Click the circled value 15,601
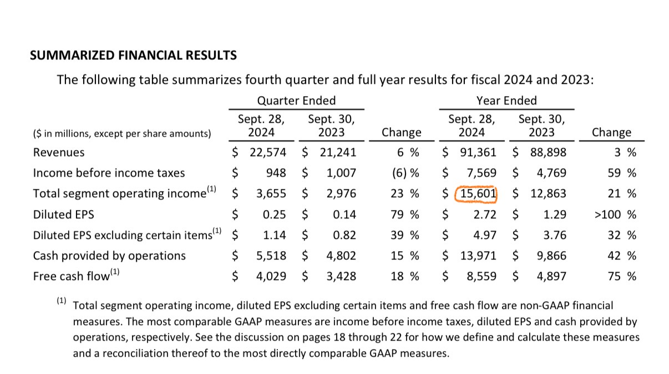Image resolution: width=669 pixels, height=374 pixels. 478,194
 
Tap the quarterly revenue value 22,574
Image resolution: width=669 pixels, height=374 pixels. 268,152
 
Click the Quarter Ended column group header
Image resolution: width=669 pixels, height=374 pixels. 296,101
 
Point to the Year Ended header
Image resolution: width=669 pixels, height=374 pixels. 506,101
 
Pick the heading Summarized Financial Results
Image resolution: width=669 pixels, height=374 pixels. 133,56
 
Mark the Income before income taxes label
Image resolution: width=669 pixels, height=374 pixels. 109,173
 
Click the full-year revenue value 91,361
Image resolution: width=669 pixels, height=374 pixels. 478,152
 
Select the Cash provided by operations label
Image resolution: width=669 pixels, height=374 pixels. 109,256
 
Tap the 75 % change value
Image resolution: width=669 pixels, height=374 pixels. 622,276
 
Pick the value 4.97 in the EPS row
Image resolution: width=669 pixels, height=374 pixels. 484,235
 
